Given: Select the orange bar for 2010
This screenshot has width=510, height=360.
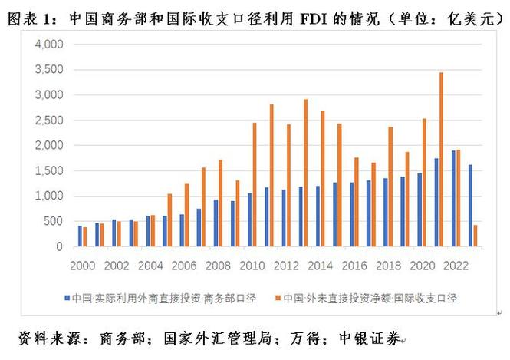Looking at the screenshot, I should coord(255,185).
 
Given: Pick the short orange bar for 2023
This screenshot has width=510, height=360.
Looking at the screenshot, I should coord(475,236).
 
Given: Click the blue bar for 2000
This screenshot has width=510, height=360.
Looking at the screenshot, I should coord(80,236).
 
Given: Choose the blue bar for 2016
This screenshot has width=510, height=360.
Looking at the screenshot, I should coord(351,214).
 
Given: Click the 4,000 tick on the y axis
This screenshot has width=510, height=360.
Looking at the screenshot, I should coord(50,45).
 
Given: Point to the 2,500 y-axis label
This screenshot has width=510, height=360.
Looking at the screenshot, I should coord(50,121).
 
